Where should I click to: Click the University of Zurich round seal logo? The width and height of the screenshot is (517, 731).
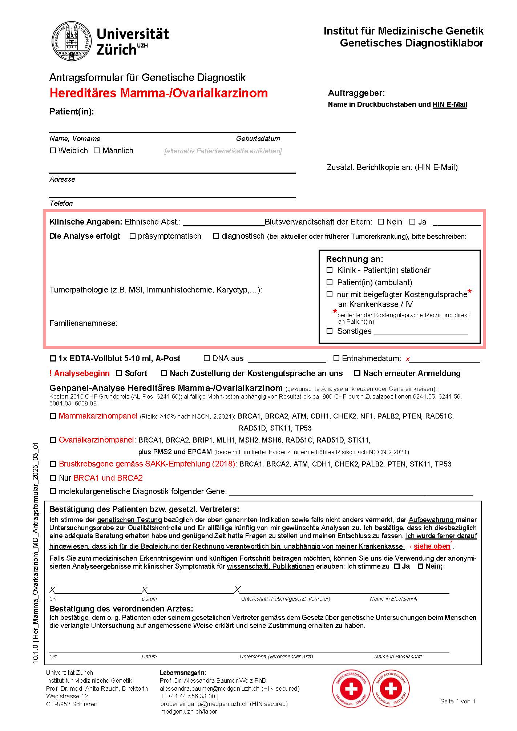tap(71, 41)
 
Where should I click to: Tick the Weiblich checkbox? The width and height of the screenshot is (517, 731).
tap(53, 150)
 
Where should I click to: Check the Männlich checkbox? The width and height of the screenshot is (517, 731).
tap(97, 150)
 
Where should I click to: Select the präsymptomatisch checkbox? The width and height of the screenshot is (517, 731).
tap(133, 236)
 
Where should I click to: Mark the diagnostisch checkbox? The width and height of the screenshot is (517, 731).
tap(216, 236)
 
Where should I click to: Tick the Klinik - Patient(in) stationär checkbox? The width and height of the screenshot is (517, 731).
tap(330, 270)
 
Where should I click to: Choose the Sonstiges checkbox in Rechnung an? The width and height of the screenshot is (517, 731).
tap(330, 331)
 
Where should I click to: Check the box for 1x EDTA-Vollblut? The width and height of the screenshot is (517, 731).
tap(53, 359)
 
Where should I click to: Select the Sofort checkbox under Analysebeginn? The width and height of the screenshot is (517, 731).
tap(119, 373)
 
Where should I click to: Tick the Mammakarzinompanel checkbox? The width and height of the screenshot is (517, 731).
tap(53, 416)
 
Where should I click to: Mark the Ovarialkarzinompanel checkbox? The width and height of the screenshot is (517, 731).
tap(53, 440)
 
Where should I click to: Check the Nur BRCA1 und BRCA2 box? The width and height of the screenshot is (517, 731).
tap(53, 478)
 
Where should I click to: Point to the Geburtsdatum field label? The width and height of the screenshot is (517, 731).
tap(258, 138)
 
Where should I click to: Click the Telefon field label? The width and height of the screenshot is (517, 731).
tap(61, 203)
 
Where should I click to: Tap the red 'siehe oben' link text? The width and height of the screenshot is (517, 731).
tap(432, 546)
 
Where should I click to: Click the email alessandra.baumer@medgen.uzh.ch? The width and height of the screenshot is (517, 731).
tap(210, 688)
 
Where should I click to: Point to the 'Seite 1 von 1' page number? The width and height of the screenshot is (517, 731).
tap(457, 701)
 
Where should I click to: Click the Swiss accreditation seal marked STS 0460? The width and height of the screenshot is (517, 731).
tap(351, 688)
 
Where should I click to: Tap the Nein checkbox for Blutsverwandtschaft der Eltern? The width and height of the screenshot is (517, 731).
tap(381, 222)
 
